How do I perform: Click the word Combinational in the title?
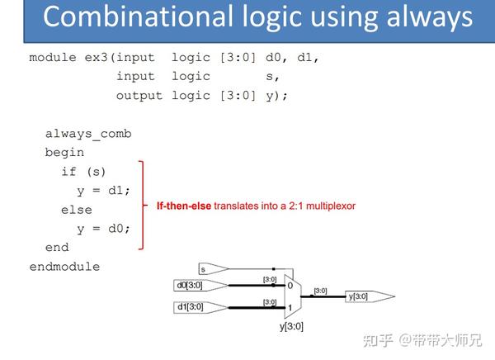[x=138, y=17]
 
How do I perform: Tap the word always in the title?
[x=430, y=18]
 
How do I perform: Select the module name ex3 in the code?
[x=96, y=58]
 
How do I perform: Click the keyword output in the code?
[x=139, y=96]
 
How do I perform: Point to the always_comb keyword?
[x=88, y=134]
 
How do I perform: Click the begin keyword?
[x=64, y=153]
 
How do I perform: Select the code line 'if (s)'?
[x=83, y=172]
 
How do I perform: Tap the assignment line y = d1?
[x=103, y=191]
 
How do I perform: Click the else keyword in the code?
[x=77, y=210]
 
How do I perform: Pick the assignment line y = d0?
[x=103, y=229]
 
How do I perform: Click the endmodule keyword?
[x=64, y=267]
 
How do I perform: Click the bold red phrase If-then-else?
[x=184, y=206]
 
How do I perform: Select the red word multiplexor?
[x=331, y=206]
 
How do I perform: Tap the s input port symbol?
[x=214, y=269]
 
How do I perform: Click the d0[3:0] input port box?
[x=200, y=286]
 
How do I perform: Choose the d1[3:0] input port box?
[x=200, y=307]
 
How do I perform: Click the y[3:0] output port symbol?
[x=370, y=296]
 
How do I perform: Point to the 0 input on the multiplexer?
[x=290, y=286]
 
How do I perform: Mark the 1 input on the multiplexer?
[x=290, y=307]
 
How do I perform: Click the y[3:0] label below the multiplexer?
[x=291, y=326]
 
